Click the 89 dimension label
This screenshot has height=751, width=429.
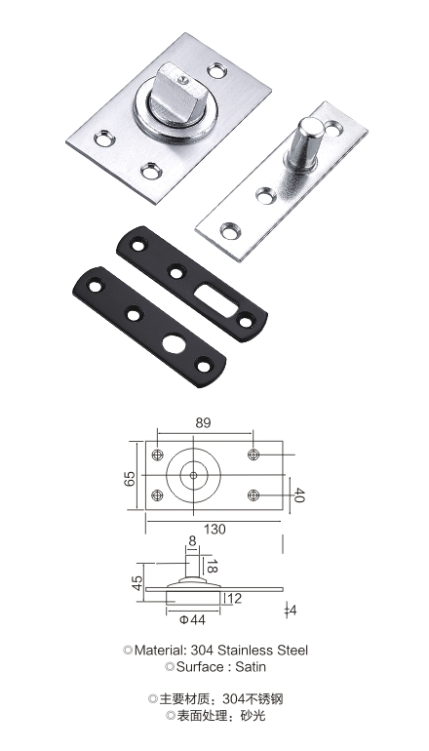point(203,423)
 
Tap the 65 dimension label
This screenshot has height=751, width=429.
point(130,479)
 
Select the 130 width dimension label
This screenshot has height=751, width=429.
point(214,530)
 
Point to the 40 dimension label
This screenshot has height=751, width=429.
point(298,495)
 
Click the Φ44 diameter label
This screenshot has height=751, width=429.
point(192,619)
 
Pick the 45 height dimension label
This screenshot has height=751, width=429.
point(136,583)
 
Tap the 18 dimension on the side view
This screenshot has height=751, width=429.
point(213,566)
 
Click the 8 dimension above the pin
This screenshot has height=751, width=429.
point(192,541)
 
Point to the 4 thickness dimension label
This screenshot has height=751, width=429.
point(293,611)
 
